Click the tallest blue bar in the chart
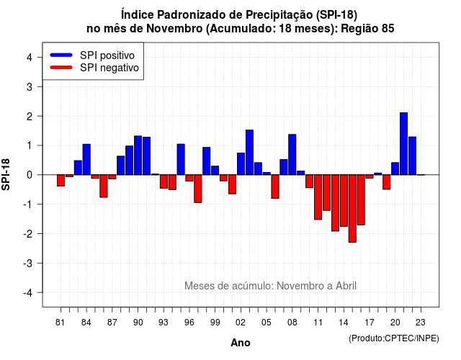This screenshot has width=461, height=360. pyautogui.click(x=403, y=144)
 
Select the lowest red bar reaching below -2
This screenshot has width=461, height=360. pyautogui.click(x=352, y=208)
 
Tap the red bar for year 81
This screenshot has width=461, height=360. pyautogui.click(x=61, y=181)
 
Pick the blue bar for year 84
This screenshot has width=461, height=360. pyautogui.click(x=86, y=160)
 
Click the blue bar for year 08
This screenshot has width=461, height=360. pyautogui.click(x=292, y=155)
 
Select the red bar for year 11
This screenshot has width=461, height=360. pyautogui.click(x=318, y=197)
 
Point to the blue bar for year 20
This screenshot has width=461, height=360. pyautogui.click(x=395, y=168)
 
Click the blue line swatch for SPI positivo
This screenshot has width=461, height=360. pyautogui.click(x=61, y=55)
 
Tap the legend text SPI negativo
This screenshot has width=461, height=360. pyautogui.click(x=109, y=68)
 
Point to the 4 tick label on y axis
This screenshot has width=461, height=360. pyautogui.click(x=30, y=58)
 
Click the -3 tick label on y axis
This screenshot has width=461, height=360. pyautogui.click(x=29, y=263)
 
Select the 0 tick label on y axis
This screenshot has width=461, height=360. pyautogui.click(x=30, y=175)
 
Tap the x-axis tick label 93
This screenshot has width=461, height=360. pyautogui.click(x=164, y=323)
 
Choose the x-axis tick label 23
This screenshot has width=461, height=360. pyautogui.click(x=421, y=323)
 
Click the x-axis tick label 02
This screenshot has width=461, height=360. pyautogui.click(x=241, y=323)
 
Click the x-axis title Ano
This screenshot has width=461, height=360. pyautogui.click(x=241, y=343)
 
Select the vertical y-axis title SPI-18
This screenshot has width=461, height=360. pyautogui.click(x=6, y=174)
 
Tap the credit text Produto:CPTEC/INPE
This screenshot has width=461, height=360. pyautogui.click(x=394, y=338)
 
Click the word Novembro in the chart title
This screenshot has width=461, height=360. pyautogui.click(x=174, y=29)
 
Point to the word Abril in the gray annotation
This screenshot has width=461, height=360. pyautogui.click(x=346, y=286)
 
